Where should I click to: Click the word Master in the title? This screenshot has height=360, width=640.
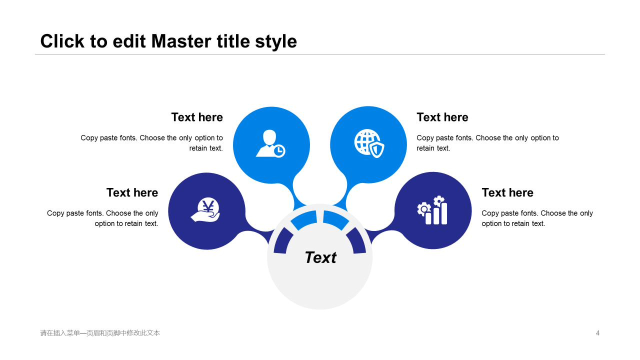(181, 41)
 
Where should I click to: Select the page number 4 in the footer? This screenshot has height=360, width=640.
(597, 333)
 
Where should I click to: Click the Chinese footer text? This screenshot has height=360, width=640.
(100, 333)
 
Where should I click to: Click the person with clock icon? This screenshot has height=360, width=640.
(270, 143)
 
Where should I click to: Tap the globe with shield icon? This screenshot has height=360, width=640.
(369, 143)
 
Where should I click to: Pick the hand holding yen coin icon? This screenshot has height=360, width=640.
(205, 209)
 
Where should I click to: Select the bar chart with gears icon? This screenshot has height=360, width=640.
(432, 210)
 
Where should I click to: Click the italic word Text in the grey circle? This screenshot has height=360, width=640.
(320, 257)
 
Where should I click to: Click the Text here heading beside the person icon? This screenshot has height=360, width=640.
(197, 117)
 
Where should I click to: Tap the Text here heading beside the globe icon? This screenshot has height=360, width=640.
(442, 117)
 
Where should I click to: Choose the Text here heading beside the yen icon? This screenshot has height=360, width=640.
(132, 192)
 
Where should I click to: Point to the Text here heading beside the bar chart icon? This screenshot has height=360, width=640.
(507, 192)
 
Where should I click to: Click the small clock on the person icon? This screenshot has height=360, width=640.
(279, 151)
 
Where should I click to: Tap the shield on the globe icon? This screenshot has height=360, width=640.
(377, 149)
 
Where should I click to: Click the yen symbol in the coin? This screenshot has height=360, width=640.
(208, 206)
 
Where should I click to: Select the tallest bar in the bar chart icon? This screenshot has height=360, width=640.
(444, 213)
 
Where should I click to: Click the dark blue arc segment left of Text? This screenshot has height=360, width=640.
(282, 240)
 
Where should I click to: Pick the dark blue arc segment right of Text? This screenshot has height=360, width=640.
(356, 240)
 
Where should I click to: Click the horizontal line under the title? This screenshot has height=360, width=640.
(319, 54)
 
